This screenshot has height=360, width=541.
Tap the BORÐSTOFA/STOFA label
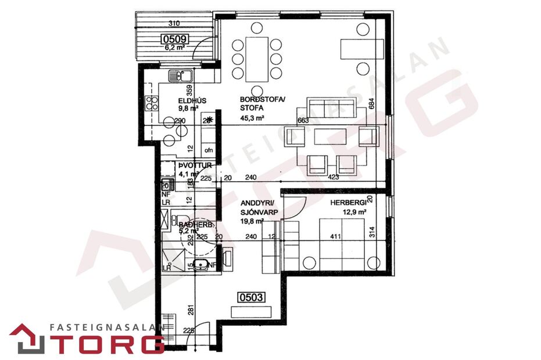tap(255, 103)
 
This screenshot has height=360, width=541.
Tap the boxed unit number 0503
tap(252, 298)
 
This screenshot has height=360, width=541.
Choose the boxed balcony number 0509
tap(175, 39)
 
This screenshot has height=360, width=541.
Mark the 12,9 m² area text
tap(353, 212)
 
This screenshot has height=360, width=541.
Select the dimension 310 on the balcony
tap(173, 24)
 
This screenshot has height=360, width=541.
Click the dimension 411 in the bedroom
tap(335, 237)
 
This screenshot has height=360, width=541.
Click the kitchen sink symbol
tap(180, 75)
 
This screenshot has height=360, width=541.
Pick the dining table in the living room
tap(256, 59)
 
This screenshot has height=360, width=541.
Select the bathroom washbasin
tap(202, 265)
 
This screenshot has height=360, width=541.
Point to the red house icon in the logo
tap(27, 339)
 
